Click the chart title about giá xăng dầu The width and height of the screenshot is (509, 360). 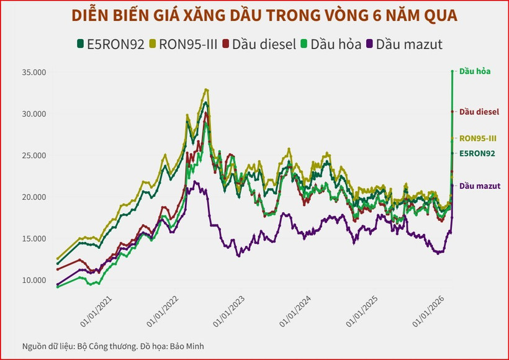254,16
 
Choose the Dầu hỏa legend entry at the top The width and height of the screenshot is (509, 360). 331,44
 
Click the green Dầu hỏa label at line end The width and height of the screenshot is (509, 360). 475,71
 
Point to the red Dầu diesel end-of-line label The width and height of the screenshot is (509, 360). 479,112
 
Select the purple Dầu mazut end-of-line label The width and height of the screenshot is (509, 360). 479,186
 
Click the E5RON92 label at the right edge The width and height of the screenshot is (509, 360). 477,153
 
